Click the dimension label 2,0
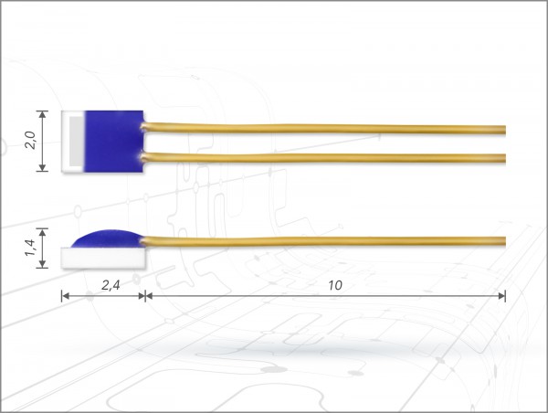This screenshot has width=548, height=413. [29, 141]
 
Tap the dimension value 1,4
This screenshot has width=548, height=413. [29, 249]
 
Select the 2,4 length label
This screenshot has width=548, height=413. [102, 284]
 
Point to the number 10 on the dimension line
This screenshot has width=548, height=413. [334, 284]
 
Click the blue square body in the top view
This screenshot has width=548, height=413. [114, 141]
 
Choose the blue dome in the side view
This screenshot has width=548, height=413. [108, 238]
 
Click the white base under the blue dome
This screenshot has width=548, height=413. [102, 257]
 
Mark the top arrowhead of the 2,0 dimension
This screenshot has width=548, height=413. [42, 114]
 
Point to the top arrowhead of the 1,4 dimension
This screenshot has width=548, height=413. [42, 233]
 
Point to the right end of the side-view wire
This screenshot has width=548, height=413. [503, 241]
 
